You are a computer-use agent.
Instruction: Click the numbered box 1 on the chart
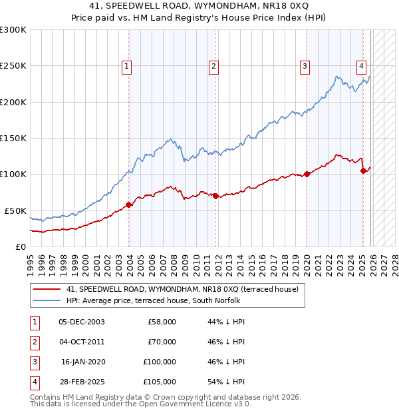(126, 66)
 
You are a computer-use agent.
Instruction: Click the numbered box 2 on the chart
(213, 66)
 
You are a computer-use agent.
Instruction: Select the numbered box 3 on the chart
(305, 66)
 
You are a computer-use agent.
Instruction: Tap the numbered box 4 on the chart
(361, 66)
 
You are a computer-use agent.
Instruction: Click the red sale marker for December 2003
(129, 205)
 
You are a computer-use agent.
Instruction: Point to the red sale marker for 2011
(216, 196)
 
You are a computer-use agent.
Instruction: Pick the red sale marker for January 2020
(307, 175)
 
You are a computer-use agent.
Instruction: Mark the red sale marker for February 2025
(364, 171)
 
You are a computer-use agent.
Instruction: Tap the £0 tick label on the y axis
(20, 246)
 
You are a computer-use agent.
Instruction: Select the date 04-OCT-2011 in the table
(82, 342)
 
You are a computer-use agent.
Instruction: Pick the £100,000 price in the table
(159, 362)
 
